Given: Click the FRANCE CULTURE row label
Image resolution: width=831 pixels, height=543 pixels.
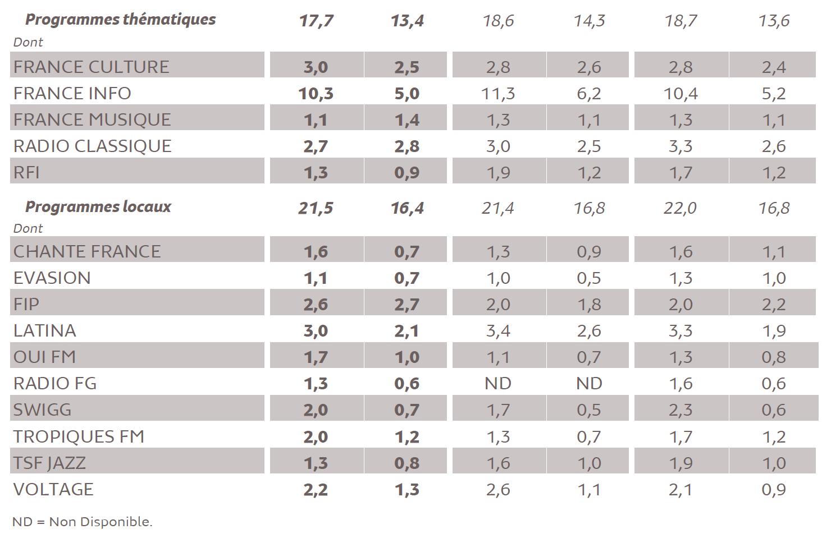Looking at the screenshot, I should click(91, 67).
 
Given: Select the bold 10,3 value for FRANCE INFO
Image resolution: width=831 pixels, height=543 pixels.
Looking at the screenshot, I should click(316, 94).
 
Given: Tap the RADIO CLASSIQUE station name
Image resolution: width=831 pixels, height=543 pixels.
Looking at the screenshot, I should click(92, 146).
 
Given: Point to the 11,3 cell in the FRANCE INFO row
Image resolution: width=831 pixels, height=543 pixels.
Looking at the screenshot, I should click(498, 94).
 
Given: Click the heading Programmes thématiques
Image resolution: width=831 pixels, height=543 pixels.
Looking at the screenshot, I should click(120, 20).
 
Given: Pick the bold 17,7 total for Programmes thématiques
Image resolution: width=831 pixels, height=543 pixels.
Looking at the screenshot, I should click(316, 21).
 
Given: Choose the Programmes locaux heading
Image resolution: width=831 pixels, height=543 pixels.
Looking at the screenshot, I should click(98, 207).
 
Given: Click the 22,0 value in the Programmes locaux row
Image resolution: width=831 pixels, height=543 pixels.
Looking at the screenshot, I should click(680, 209).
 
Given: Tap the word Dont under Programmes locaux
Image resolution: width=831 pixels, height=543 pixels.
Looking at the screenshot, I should click(28, 229).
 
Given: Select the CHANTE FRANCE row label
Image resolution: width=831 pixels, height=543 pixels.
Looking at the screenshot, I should click(87, 251).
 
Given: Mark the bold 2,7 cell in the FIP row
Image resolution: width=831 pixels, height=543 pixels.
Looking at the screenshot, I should click(407, 305).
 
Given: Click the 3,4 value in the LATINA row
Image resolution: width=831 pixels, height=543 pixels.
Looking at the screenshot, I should click(498, 331).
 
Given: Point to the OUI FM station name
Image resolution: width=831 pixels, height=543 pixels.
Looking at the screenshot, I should click(44, 357).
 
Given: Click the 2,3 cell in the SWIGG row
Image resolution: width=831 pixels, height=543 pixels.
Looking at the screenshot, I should click(681, 410).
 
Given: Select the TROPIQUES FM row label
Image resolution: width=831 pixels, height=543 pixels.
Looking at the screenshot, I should click(79, 436).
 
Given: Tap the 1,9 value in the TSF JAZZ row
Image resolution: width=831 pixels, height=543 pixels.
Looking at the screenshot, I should click(681, 463).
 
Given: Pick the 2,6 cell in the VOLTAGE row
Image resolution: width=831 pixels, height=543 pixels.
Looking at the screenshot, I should click(498, 490).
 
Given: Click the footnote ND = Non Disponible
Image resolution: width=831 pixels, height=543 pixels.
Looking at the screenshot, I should click(82, 522).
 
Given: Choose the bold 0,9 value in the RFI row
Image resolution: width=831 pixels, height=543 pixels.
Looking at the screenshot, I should click(407, 173).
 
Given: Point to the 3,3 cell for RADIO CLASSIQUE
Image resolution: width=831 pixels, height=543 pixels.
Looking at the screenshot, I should click(681, 146).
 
